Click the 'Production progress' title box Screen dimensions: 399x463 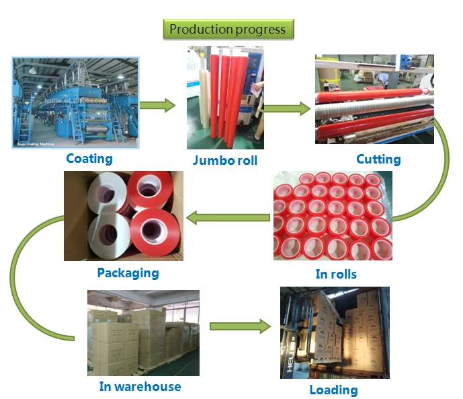pos(227,29)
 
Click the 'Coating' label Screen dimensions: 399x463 pos(89,159)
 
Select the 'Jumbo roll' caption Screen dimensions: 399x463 pos(224,160)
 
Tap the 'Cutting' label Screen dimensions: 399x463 pos(378,159)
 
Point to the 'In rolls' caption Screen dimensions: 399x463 pos(336,274)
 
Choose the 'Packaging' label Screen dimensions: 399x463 pos(128,273)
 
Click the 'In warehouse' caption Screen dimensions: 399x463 pos(140,386)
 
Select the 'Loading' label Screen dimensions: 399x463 pos(333,390)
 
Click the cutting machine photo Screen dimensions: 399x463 pos(374,100)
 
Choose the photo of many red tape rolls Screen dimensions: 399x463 pos(333,215)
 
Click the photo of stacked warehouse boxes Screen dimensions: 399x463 pos(143,332)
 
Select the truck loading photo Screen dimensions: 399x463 pos(335,332)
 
